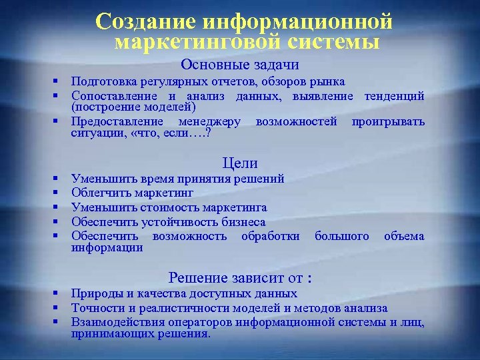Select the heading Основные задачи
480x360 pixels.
[x=239, y=65]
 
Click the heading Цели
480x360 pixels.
[x=239, y=163]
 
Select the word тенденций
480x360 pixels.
[x=394, y=96]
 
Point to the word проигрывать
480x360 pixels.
[x=388, y=122]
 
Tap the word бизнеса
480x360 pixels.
[x=242, y=222]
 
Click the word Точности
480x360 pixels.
[x=99, y=308]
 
